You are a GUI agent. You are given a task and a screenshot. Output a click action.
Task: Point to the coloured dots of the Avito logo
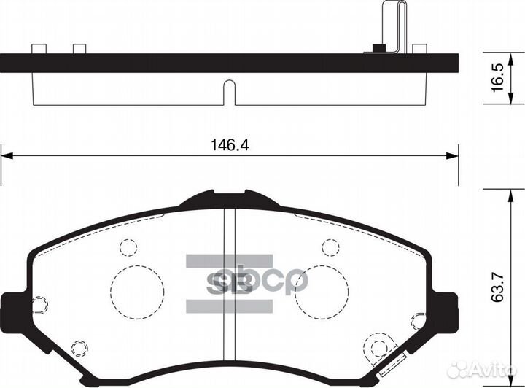click(x=461, y=370)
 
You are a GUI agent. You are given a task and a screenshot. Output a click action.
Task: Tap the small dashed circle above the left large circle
click(x=128, y=247)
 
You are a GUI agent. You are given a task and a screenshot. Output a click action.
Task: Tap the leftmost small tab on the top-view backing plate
click(x=39, y=49)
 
